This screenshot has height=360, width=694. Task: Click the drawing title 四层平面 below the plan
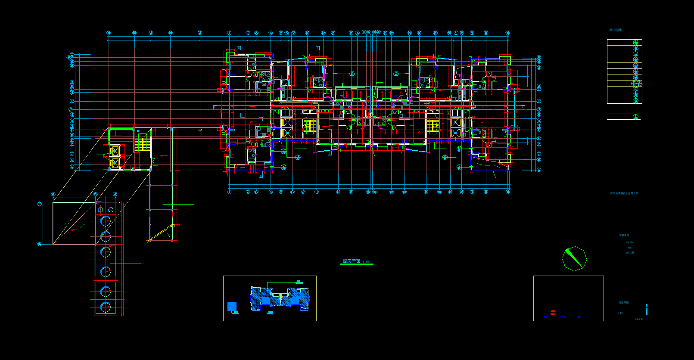pos(352,261)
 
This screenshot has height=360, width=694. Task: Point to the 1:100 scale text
pos(366,261)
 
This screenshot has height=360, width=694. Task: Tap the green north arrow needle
pos(573,258)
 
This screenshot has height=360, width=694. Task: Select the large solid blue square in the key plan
pos(232,306)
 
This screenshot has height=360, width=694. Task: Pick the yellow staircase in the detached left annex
pos(141,143)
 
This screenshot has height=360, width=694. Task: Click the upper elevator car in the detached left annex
pos(114,151)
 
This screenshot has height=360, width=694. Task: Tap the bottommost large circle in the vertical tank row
pos(106,307)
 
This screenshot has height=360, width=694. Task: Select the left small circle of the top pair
pos(101,210)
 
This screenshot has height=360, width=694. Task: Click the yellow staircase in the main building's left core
pos(308,125)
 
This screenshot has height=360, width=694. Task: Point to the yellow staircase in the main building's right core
pos(432,125)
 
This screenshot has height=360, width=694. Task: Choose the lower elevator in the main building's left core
pos(287,133)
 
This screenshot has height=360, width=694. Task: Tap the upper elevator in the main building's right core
pos(456,122)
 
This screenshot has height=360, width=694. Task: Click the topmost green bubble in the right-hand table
pos(635,42)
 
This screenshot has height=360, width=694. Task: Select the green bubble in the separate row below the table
pos(635,117)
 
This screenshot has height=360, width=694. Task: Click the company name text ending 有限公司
pos(624,193)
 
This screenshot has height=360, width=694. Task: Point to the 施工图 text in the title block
pos(630,253)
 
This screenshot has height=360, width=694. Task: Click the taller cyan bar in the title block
pos(646,309)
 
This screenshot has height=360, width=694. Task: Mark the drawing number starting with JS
pos(619,313)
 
